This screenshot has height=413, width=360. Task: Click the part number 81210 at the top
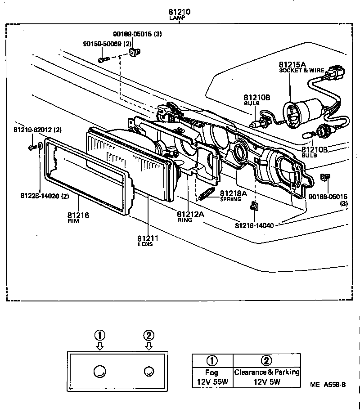tap(180, 12)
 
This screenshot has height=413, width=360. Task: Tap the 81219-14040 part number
tap(255, 224)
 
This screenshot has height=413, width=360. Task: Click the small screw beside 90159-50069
tap(103, 59)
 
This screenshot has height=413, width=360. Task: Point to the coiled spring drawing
tap(207, 195)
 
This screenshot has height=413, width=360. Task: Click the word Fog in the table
tap(211, 373)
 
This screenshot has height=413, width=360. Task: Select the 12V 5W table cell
tap(266, 382)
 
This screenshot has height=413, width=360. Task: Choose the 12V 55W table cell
tap(211, 382)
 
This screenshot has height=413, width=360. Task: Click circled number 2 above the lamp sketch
tap(148, 335)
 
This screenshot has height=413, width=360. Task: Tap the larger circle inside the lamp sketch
tap(100, 371)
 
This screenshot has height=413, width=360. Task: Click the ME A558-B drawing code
tap(328, 385)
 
